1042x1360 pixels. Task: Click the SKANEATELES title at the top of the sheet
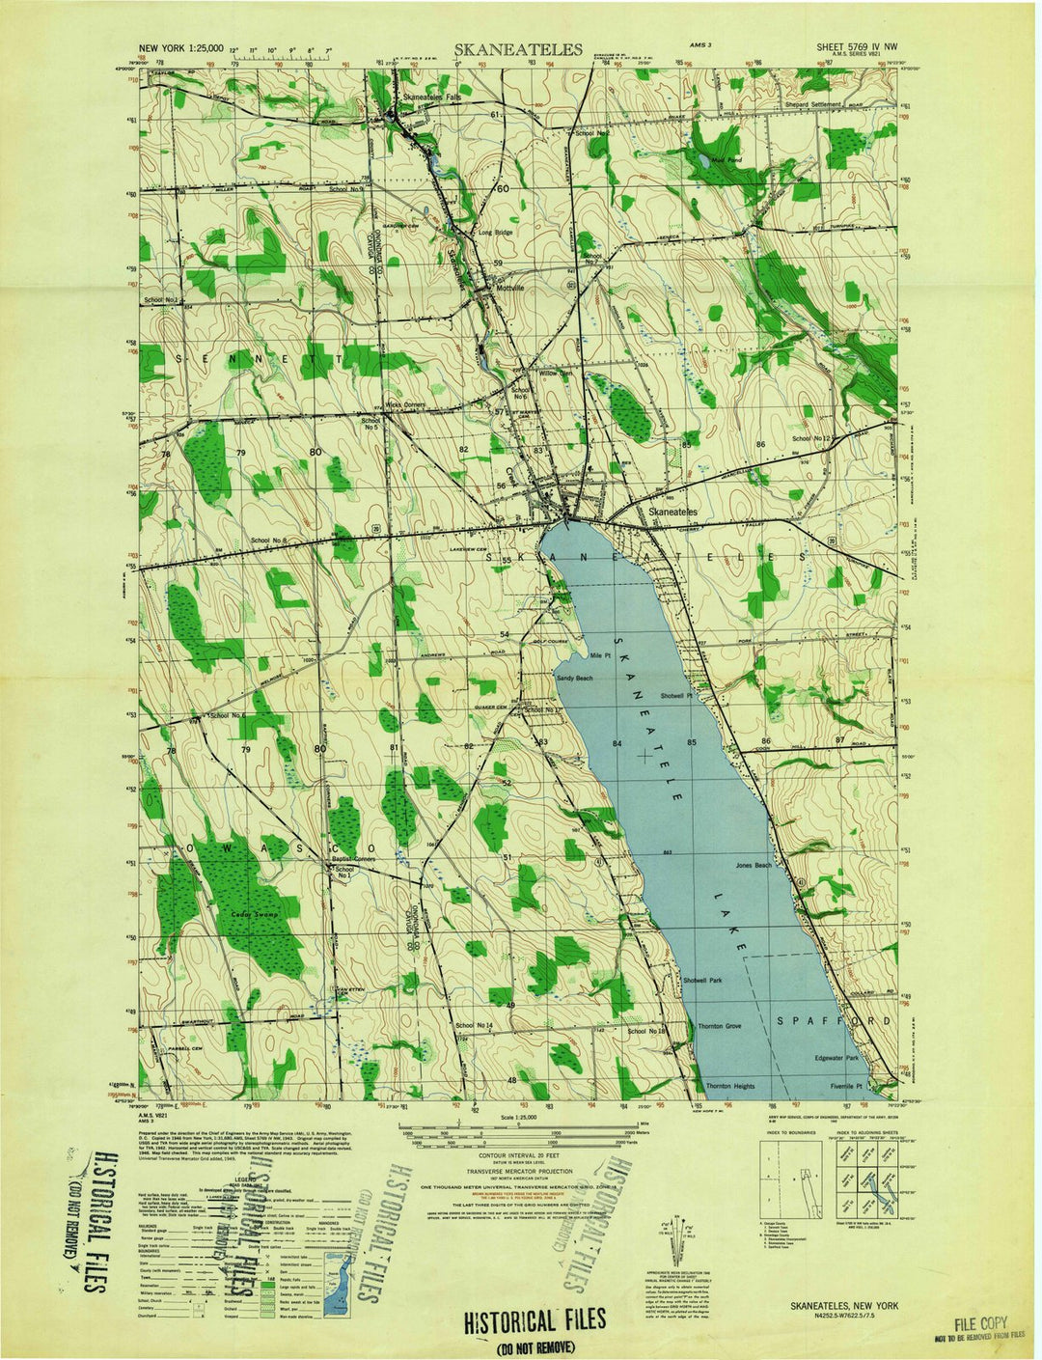(519, 50)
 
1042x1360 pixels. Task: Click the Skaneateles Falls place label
(433, 98)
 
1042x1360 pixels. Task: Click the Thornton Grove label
(720, 1026)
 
